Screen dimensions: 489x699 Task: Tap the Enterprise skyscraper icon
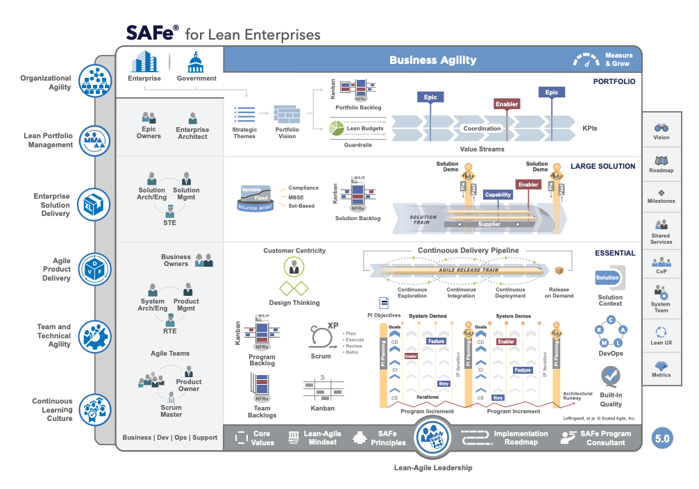[144, 62]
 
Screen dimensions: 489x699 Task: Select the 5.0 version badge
[662, 438]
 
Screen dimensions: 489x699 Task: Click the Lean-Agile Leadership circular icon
[433, 438]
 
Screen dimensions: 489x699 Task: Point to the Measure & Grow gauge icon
[587, 60]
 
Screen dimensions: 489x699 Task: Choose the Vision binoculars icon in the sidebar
[661, 128]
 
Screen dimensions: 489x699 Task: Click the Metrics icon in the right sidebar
[661, 365]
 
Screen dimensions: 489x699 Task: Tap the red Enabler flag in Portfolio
[507, 104]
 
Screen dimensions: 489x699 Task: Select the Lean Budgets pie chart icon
[337, 128]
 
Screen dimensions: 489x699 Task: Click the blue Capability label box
[498, 195]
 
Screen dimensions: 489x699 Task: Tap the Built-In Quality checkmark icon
[611, 377]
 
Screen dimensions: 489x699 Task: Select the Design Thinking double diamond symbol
[294, 288]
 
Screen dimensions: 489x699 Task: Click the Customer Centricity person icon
[294, 266]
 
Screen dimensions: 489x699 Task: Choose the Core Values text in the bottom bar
[262, 438]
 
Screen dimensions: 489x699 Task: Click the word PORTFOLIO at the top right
[614, 81]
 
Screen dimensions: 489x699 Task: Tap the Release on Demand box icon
[559, 270]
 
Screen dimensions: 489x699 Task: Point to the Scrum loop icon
[320, 338]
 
